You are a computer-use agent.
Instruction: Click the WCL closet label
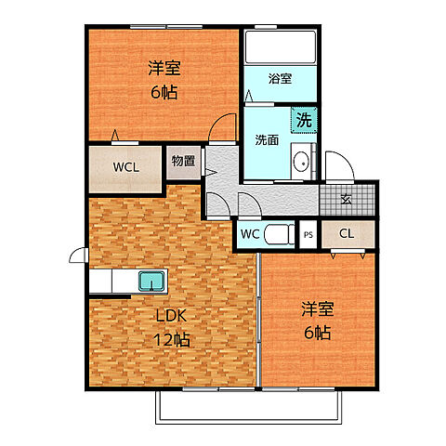(126, 168)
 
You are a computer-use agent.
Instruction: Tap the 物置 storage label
(184, 161)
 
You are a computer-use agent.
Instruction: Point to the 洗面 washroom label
(267, 141)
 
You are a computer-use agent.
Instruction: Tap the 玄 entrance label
(346, 198)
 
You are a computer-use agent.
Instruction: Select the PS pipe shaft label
(308, 235)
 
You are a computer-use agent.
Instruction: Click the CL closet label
(346, 234)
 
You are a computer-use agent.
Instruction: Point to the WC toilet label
(250, 234)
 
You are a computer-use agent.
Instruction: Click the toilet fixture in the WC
(279, 234)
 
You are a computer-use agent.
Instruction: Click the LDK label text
(172, 316)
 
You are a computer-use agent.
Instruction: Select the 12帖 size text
(172, 339)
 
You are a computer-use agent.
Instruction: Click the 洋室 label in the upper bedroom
(164, 69)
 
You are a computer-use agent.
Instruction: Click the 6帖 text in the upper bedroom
(164, 93)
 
